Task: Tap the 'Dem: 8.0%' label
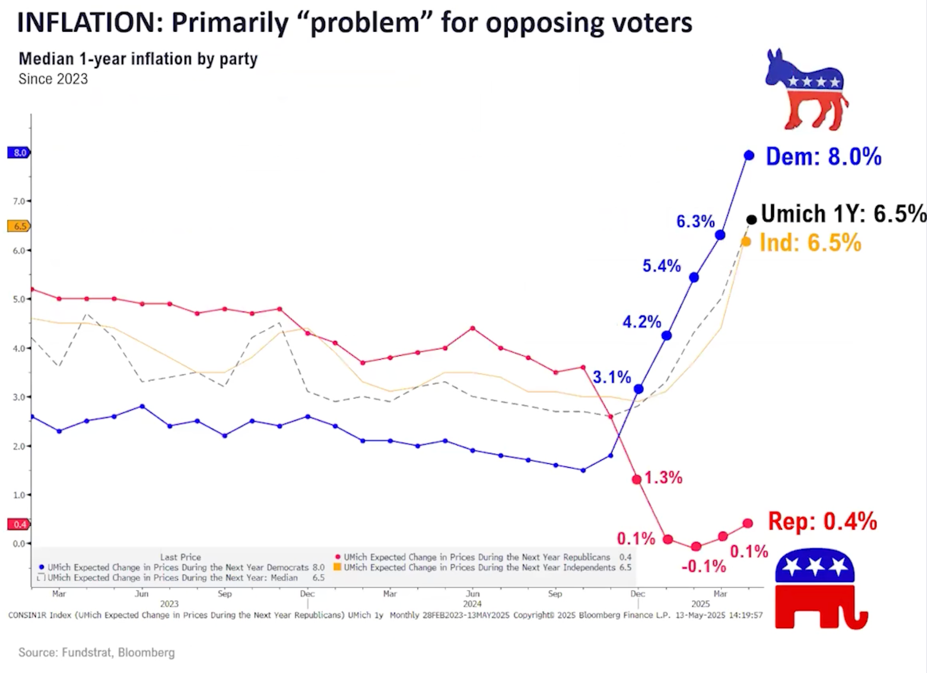823,157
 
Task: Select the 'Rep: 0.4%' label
822,521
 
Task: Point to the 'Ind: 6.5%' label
810,243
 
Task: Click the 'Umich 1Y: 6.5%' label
843,214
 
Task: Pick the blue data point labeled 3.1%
639,389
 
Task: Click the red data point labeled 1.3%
637,479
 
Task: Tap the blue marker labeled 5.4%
694,278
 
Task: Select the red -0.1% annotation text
704,567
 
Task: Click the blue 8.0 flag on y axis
19,153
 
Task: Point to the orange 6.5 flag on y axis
19,226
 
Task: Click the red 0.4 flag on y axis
19,524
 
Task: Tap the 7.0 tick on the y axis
19,201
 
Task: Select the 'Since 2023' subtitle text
53,79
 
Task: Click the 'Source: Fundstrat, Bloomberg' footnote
96,652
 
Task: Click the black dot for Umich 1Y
752,219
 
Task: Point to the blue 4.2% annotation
642,322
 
